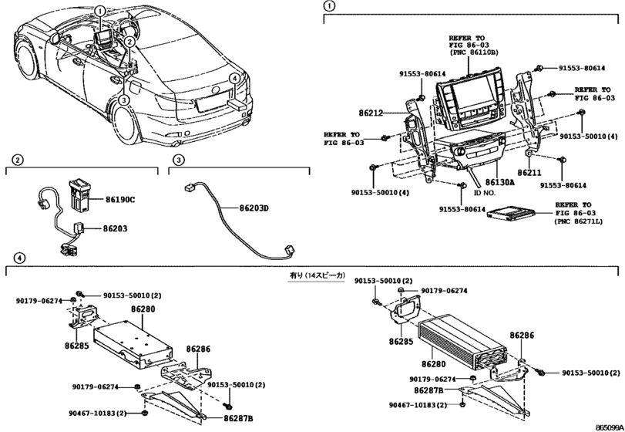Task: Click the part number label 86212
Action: (x=381, y=112)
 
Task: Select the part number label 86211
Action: (x=529, y=174)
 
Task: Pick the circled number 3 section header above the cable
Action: (x=178, y=160)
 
